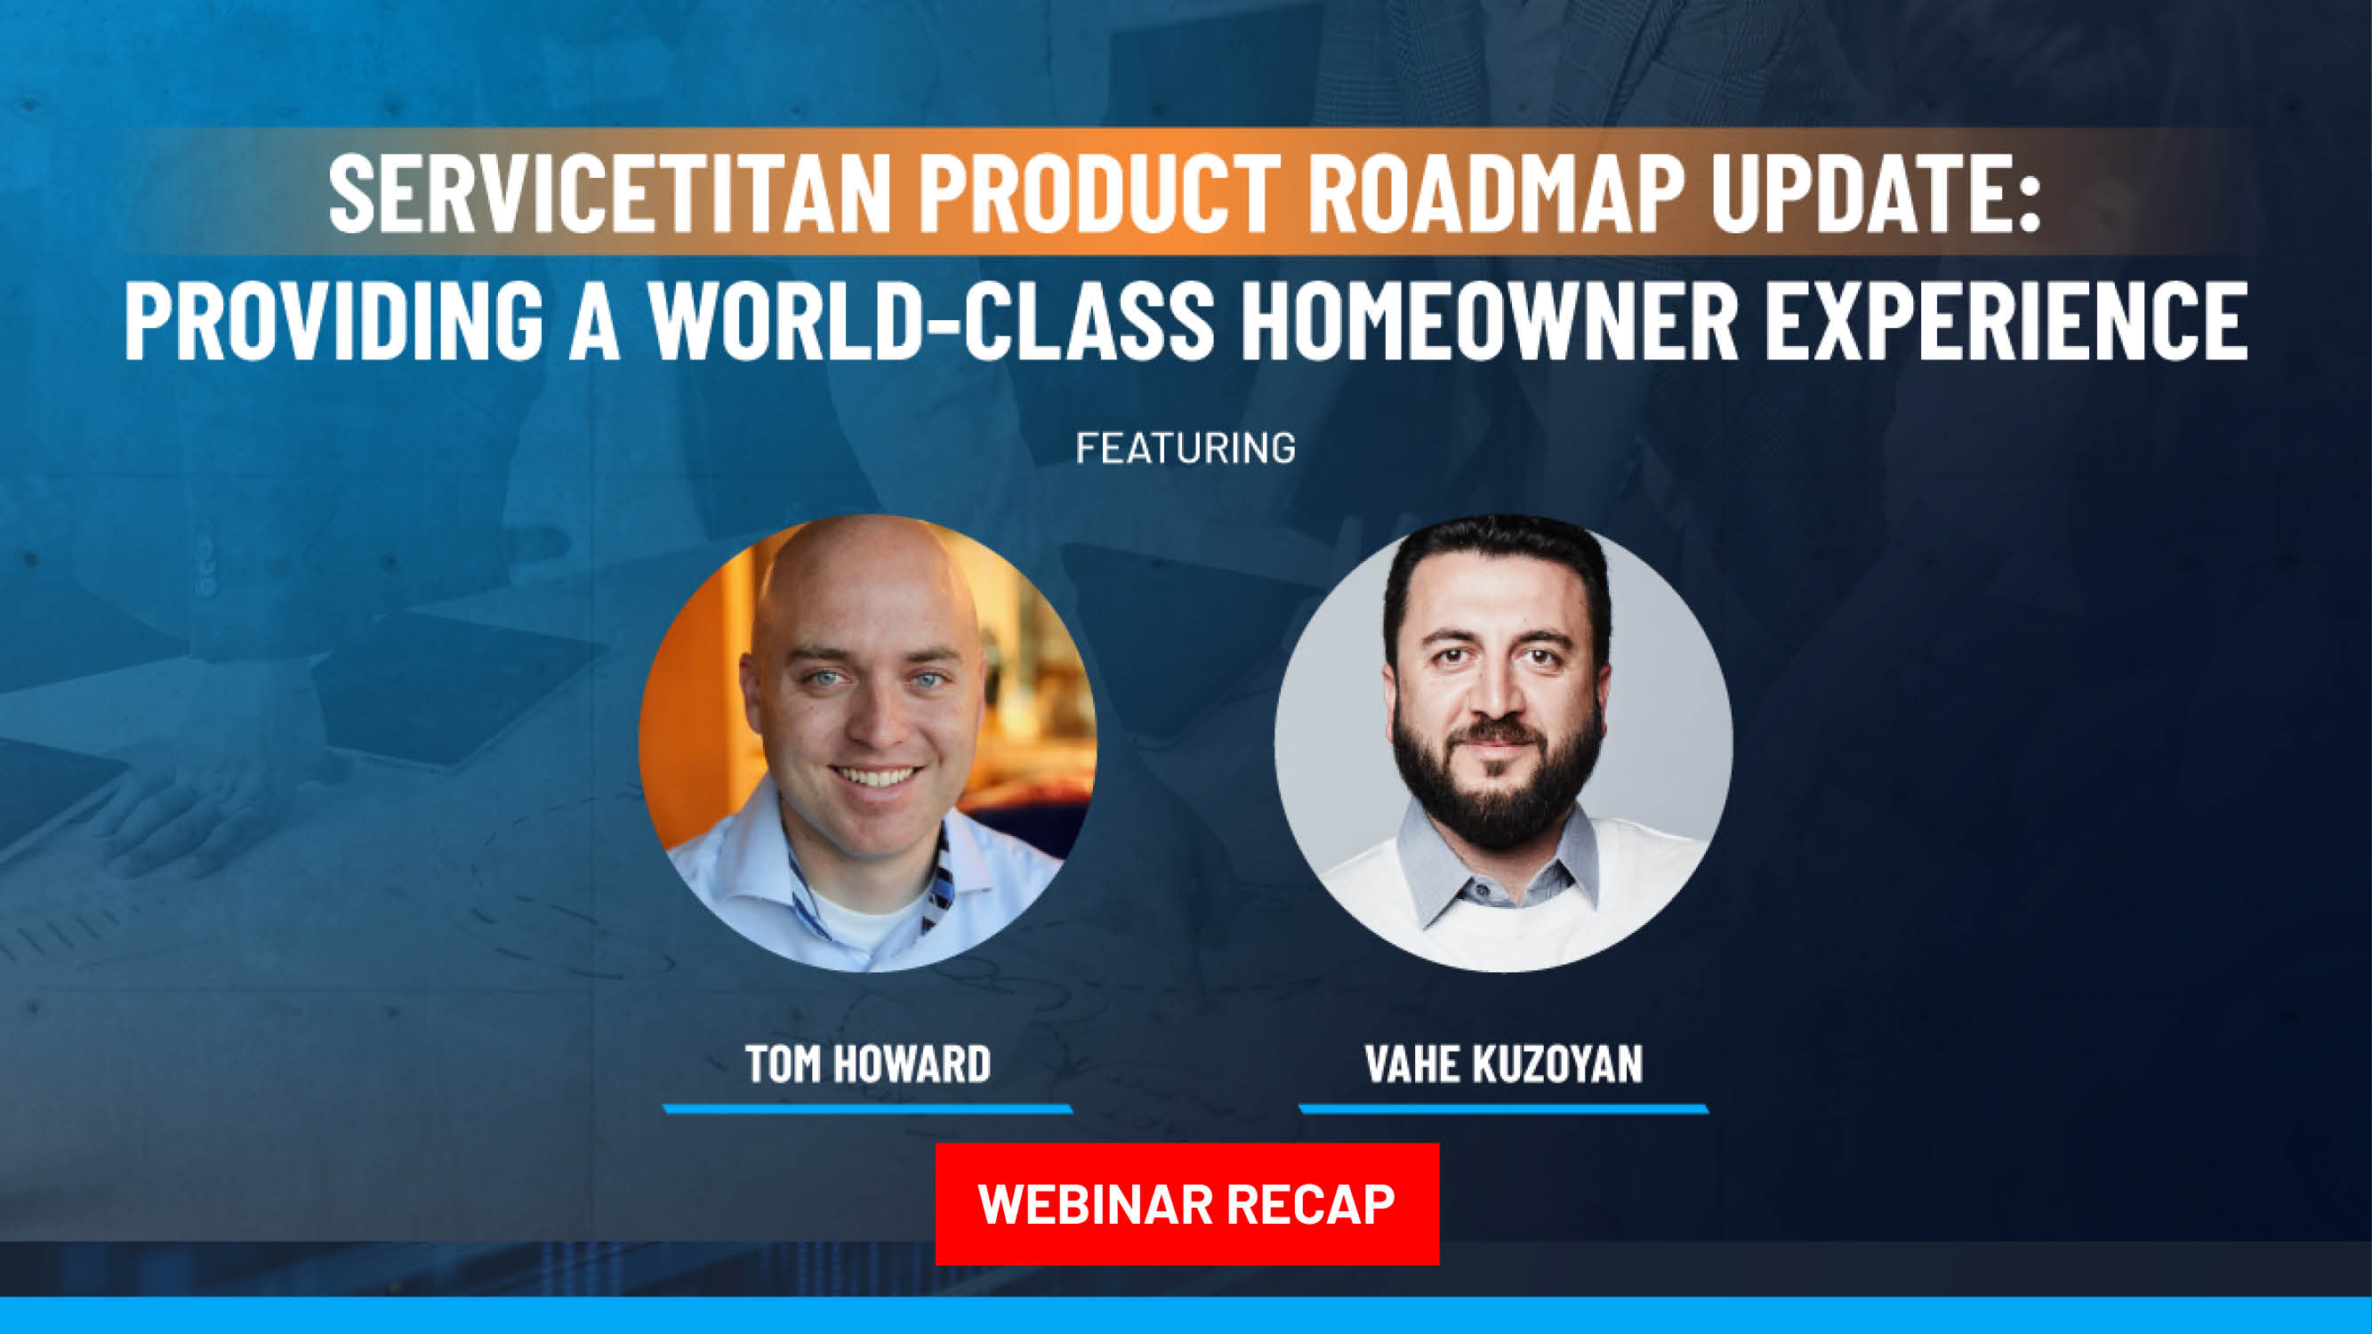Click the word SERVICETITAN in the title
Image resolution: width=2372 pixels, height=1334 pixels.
(609, 194)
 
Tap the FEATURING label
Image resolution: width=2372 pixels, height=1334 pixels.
(1185, 448)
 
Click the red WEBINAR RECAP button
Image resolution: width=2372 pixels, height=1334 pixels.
(1186, 1203)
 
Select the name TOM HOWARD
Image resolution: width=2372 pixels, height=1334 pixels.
(867, 1064)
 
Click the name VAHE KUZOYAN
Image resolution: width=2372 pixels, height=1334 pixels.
(1504, 1064)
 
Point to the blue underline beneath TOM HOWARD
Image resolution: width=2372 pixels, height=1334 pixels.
(867, 1108)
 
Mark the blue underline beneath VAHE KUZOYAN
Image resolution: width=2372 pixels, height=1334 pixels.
(1504, 1108)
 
